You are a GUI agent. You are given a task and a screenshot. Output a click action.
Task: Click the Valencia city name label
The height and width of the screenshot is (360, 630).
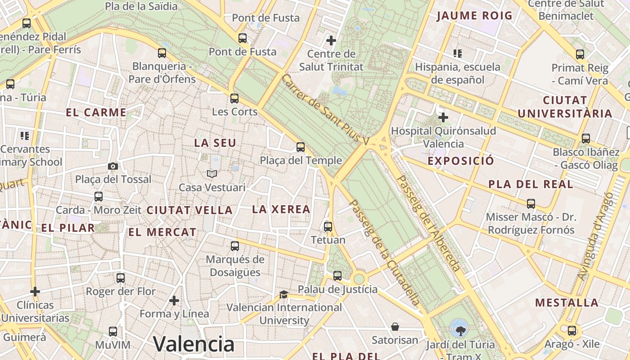[194, 344]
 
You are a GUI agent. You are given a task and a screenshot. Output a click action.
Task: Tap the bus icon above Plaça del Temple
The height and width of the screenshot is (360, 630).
[301, 147]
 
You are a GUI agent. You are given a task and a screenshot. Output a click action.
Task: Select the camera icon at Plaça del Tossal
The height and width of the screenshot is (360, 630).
[113, 166]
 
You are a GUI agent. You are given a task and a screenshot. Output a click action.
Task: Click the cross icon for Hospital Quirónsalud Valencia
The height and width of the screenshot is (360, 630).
[443, 118]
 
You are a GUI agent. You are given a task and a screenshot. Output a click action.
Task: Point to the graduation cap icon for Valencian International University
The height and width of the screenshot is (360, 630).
[283, 294]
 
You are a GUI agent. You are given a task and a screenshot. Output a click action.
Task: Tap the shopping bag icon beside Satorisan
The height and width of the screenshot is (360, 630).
[395, 327]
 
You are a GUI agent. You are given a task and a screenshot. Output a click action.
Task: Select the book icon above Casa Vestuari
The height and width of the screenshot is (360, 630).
[212, 174]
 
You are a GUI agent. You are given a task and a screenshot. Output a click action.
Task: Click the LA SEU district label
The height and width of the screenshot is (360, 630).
[215, 143]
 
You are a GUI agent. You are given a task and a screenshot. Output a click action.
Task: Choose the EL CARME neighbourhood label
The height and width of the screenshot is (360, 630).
[96, 112]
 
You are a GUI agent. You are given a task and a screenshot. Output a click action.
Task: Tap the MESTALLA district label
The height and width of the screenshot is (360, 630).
[567, 302]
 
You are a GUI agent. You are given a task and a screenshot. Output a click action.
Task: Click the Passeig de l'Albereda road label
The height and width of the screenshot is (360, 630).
[429, 223]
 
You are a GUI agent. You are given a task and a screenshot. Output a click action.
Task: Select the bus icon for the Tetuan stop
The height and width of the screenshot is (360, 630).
[328, 226]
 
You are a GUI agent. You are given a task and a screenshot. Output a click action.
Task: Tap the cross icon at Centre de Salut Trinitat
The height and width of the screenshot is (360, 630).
[331, 41]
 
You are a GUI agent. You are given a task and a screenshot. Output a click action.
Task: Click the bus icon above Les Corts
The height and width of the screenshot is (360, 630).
[234, 99]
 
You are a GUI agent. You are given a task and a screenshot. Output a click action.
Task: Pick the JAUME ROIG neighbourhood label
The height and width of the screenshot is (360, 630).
[475, 16]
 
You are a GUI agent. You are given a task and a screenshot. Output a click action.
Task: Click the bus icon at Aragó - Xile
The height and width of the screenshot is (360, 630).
[572, 331]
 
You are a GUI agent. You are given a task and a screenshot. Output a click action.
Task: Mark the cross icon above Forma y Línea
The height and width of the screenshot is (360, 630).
[174, 300]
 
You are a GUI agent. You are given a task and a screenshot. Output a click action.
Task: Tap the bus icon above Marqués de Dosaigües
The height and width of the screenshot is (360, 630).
[235, 246]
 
